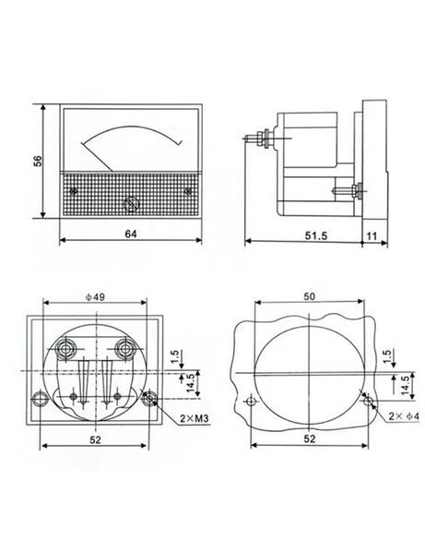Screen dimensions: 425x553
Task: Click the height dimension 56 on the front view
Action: [38, 161]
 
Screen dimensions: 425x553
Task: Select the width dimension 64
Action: [131, 234]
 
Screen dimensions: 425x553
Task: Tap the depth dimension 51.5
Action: [316, 235]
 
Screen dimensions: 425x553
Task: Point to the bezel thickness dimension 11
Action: [372, 235]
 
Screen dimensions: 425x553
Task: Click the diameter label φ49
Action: [95, 297]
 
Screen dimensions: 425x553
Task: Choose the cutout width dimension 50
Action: [310, 296]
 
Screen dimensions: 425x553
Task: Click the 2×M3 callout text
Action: [195, 418]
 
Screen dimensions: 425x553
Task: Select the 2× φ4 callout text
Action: [404, 416]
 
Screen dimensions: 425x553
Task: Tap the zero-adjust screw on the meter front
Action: [131, 204]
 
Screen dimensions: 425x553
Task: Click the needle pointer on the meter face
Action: [97, 157]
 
